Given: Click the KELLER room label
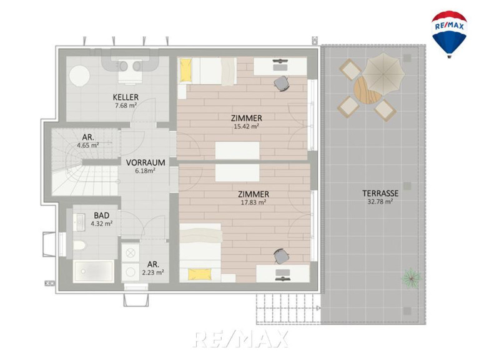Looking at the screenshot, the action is (126, 97).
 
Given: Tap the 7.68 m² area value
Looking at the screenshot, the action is (126, 106).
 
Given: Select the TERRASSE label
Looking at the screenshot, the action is (380, 194).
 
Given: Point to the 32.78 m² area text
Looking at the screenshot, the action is (380, 202).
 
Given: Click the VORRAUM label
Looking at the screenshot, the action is (146, 162).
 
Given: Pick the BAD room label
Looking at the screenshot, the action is (101, 216).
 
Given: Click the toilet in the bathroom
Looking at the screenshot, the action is (79, 245).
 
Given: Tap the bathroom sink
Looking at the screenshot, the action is (79, 221).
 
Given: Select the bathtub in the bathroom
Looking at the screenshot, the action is (94, 271).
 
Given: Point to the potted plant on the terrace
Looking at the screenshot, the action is (411, 277).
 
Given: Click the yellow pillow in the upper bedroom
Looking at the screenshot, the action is (185, 70).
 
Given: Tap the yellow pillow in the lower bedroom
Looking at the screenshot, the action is (199, 274).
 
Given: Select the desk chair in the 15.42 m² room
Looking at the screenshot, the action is (282, 83).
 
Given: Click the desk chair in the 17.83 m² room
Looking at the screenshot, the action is (281, 256).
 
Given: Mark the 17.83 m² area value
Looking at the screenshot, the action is (254, 202).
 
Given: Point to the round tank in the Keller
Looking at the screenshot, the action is (79, 76).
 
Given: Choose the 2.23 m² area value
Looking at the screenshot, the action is (153, 272).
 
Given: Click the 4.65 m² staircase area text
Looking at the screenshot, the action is (87, 146).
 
